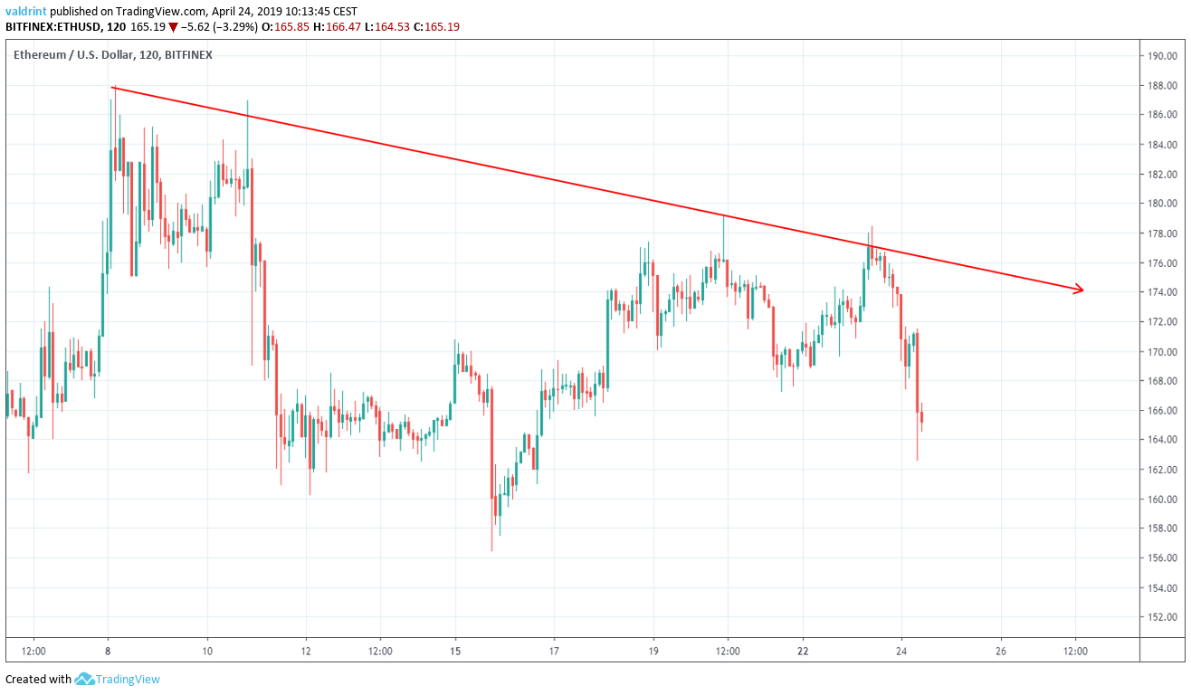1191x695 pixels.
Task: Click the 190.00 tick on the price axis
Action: [1161, 56]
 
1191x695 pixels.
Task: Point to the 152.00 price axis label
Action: [1161, 618]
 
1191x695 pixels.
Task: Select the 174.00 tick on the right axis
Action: [1161, 292]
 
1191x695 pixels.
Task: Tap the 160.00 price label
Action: [1161, 500]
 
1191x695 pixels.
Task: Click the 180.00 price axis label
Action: [1161, 204]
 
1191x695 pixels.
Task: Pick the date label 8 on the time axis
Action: [108, 651]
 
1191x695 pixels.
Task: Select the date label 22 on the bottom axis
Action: [803, 651]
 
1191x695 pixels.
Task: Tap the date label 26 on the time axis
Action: [1001, 651]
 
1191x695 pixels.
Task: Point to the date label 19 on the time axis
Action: [653, 651]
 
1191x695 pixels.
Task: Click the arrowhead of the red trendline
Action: [1079, 290]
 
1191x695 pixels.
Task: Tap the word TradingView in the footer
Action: [129, 679]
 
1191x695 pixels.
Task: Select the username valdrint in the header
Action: [26, 11]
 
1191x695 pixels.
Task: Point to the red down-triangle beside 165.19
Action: [173, 27]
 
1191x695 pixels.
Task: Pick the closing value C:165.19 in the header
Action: [435, 27]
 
